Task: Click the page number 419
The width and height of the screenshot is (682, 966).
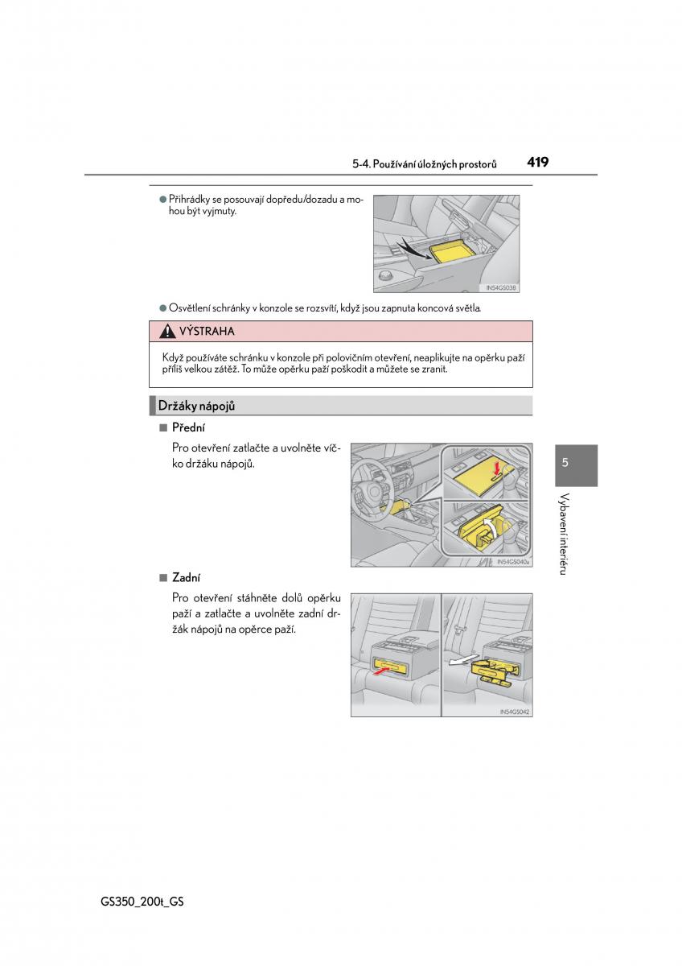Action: click(x=538, y=162)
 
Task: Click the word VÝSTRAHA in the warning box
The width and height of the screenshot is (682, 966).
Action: click(x=207, y=332)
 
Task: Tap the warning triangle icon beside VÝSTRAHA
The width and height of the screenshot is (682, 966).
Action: click(x=167, y=332)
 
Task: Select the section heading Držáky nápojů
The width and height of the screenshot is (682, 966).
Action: click(x=196, y=407)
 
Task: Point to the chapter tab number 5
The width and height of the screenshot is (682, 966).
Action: click(x=565, y=463)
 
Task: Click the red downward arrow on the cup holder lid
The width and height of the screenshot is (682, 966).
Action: click(x=496, y=466)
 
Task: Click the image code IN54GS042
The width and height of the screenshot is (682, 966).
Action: click(x=515, y=712)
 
